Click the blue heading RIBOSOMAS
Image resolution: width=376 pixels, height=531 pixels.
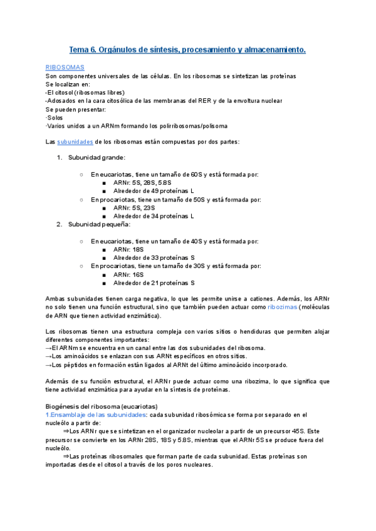pyautogui.click(x=65, y=66)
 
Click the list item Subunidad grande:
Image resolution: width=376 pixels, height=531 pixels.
pyautogui.click(x=97, y=157)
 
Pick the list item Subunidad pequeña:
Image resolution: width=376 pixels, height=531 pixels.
pyautogui.click(x=99, y=224)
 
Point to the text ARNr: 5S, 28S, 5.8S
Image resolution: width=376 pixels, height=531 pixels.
pyautogui.click(x=141, y=182)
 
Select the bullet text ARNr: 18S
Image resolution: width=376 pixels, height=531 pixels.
pyautogui.click(x=128, y=249)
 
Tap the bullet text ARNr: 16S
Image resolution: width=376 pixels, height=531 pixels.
pyautogui.click(x=128, y=274)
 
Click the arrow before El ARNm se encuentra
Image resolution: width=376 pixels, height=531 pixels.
pyautogui.click(x=49, y=348)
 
